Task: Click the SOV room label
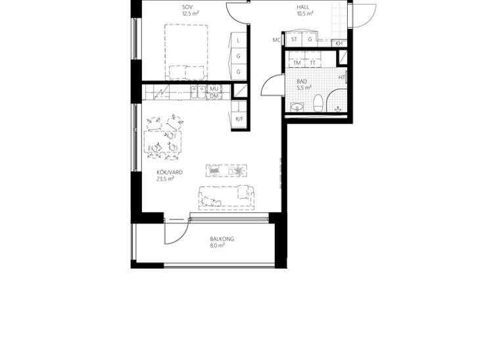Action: [x=187, y=7]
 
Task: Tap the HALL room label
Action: [x=302, y=7]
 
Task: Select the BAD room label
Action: [x=302, y=81]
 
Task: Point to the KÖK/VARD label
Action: [x=169, y=172]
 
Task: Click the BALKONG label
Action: [x=222, y=239]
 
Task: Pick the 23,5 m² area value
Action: [x=165, y=179]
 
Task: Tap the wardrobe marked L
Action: [x=239, y=40]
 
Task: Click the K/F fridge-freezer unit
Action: [x=239, y=119]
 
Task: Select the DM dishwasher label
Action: [x=214, y=96]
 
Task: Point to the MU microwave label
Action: [x=214, y=89]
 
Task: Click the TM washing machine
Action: [x=297, y=62]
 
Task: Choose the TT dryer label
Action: [x=312, y=62]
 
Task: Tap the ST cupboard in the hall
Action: [x=294, y=39]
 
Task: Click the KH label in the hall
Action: [x=339, y=44]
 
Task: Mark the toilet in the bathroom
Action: [x=318, y=103]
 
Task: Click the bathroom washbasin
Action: [x=297, y=107]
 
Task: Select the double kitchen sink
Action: [x=199, y=92]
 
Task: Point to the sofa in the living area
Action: [x=226, y=198]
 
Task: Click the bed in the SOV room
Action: [x=186, y=52]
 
